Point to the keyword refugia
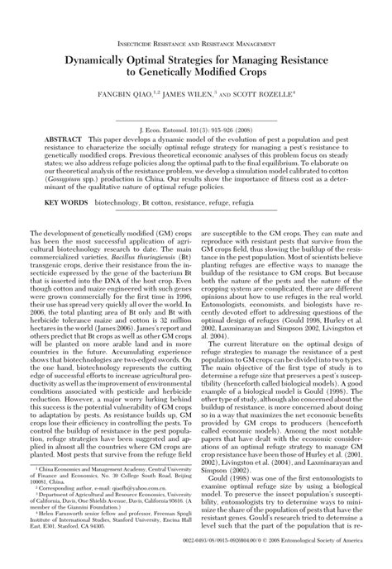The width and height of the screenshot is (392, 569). (304, 202)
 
